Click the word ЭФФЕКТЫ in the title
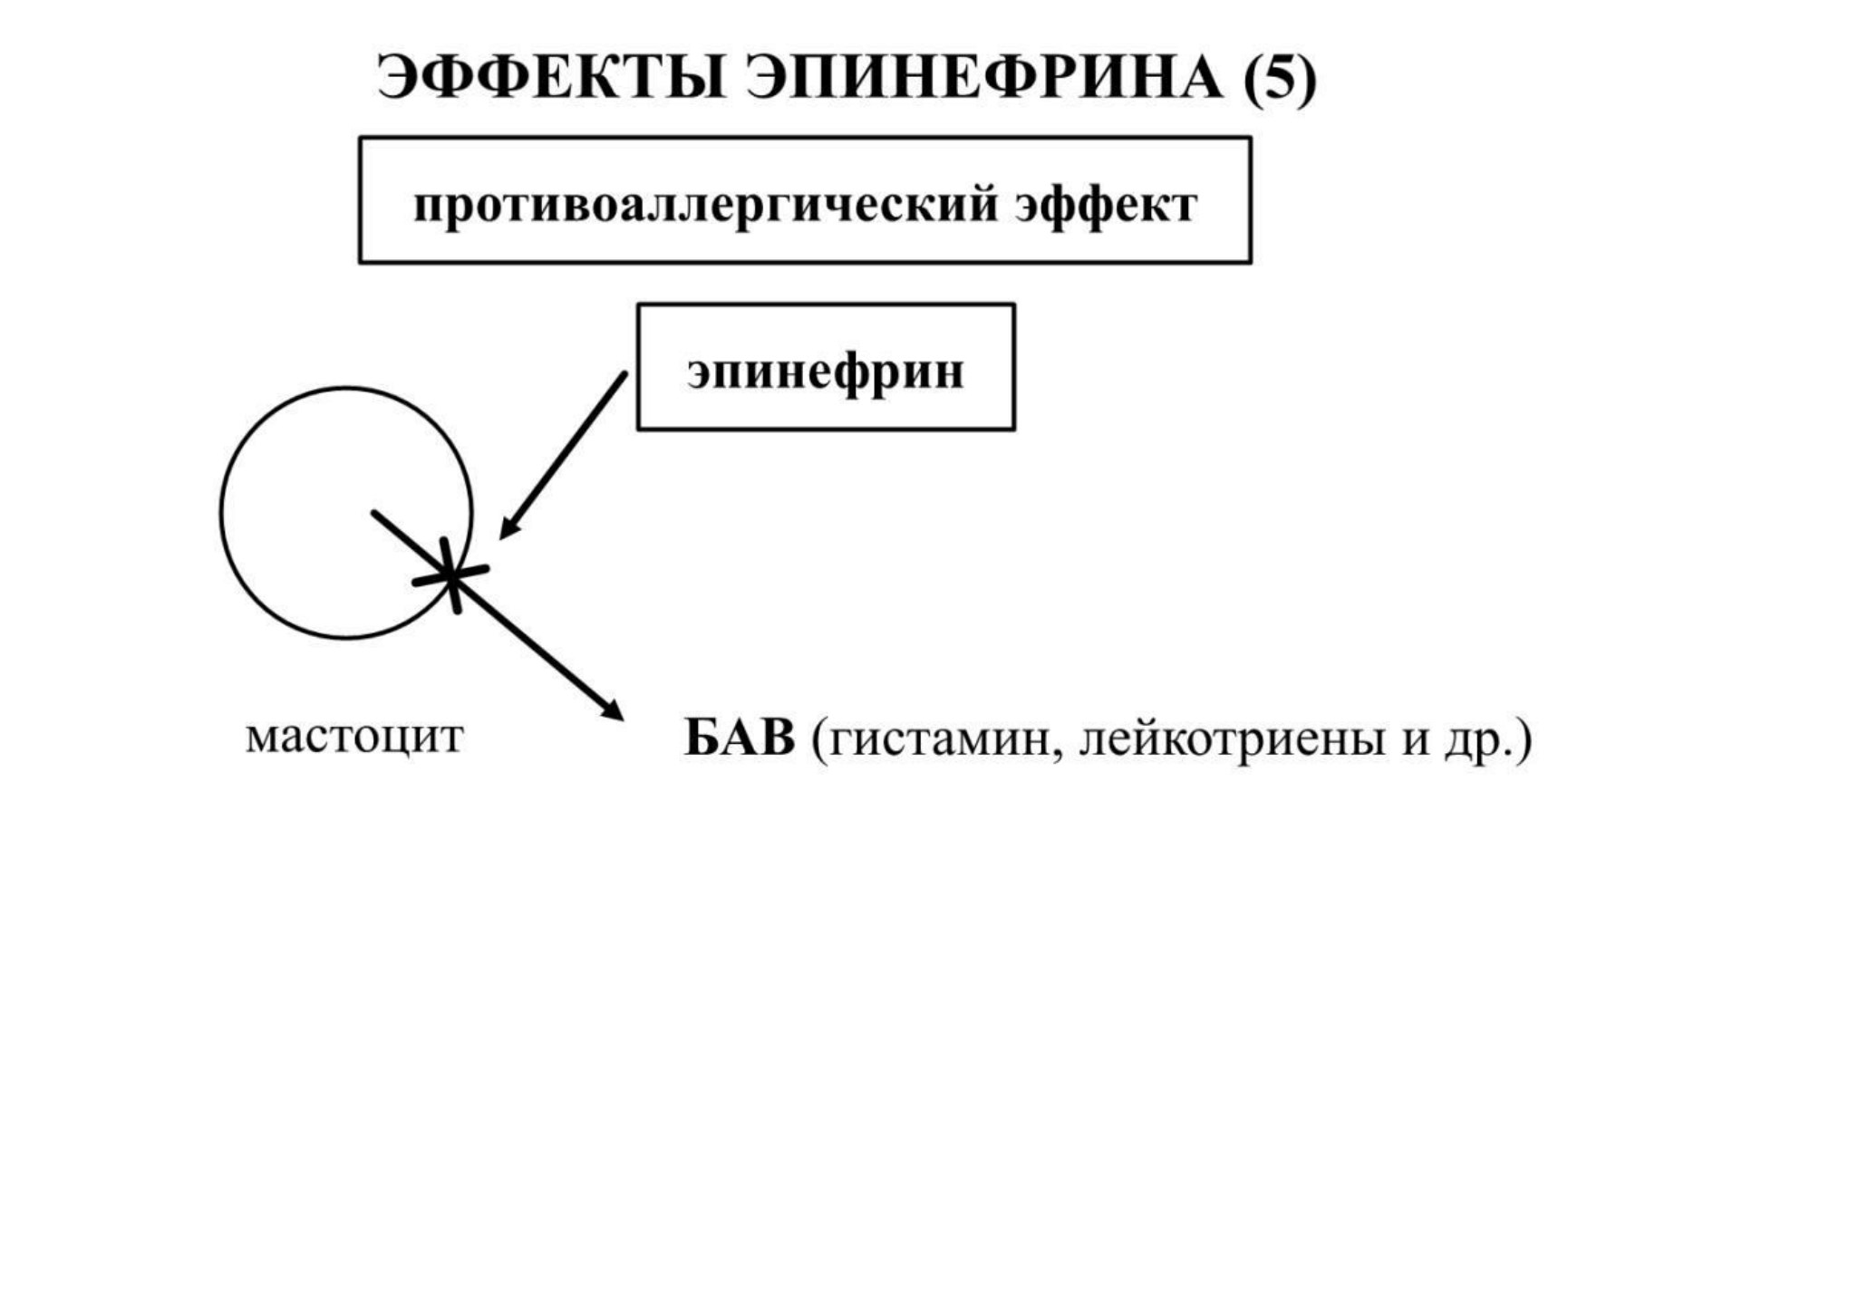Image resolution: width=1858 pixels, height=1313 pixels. [x=552, y=78]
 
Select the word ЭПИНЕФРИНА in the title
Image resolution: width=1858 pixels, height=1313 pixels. [x=984, y=78]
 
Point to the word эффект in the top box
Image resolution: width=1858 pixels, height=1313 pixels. [x=1106, y=205]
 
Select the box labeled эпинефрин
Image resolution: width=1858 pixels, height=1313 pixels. [x=826, y=367]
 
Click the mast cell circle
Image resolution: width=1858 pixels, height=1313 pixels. [x=221, y=513]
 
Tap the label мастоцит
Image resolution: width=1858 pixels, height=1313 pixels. [x=354, y=737]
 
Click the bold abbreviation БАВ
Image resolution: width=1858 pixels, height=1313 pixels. [x=740, y=738]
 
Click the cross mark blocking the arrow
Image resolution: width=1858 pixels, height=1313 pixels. [x=450, y=574]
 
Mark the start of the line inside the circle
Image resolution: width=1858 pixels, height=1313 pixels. [x=373, y=513]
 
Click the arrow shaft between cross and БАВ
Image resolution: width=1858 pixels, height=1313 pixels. [x=535, y=644]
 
